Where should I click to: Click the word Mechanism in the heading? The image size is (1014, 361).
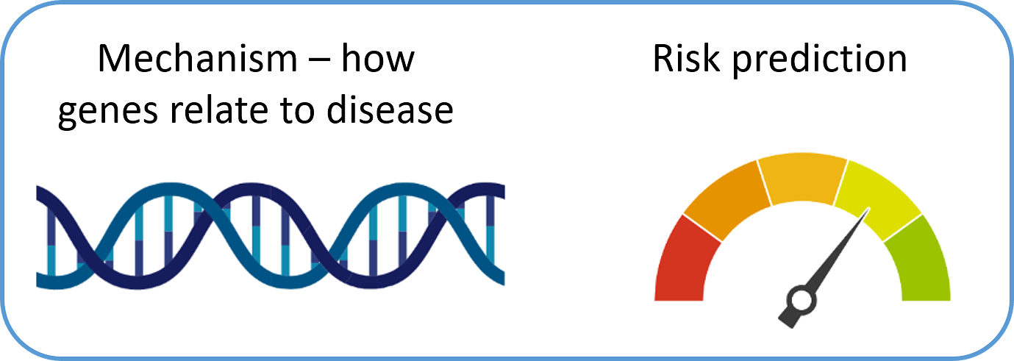(x=198, y=58)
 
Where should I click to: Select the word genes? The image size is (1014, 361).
(x=108, y=111)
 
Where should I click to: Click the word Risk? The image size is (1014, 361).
(x=686, y=58)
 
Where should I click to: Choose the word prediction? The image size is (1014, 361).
(x=819, y=60)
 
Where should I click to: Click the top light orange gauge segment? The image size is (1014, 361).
(x=802, y=178)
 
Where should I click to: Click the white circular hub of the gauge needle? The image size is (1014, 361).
(x=801, y=301)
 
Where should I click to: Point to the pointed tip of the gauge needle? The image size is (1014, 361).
(x=869, y=208)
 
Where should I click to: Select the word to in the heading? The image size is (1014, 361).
(x=297, y=110)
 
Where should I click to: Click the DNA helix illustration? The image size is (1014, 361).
(x=271, y=235)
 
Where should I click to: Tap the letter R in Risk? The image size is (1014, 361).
(x=664, y=58)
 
